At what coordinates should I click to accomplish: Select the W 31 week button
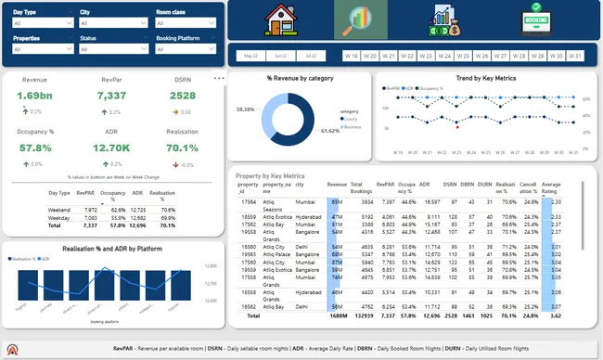(x=574, y=56)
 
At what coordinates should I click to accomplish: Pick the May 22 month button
(x=250, y=56)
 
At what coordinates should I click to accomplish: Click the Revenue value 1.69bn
(x=34, y=96)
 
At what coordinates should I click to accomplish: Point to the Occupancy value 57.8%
(x=34, y=148)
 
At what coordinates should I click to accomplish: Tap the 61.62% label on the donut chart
(x=329, y=131)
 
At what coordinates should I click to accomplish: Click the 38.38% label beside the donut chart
(x=245, y=109)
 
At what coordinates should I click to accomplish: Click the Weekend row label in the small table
(x=59, y=211)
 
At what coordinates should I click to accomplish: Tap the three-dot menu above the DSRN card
(x=219, y=78)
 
